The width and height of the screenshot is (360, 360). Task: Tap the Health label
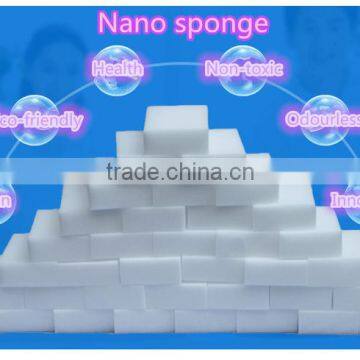[117, 70]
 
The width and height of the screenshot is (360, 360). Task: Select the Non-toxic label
[244, 69]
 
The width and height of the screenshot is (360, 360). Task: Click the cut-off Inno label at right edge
[345, 199]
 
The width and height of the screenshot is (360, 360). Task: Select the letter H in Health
[97, 70]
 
